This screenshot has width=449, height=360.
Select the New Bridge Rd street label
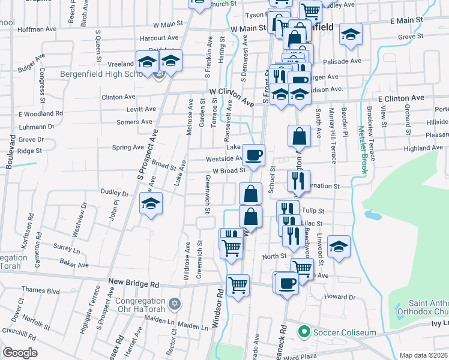[133, 281]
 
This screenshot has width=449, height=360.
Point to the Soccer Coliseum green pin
[305, 331]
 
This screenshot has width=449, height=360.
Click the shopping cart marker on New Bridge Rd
[238, 284]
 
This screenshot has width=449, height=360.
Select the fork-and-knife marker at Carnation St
[298, 179]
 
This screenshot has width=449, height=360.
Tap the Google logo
[20, 353]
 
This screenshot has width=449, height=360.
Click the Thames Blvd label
[44, 292]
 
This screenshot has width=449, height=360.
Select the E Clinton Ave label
[401, 98]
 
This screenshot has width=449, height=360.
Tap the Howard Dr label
[339, 297]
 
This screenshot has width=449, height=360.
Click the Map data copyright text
[423, 355]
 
